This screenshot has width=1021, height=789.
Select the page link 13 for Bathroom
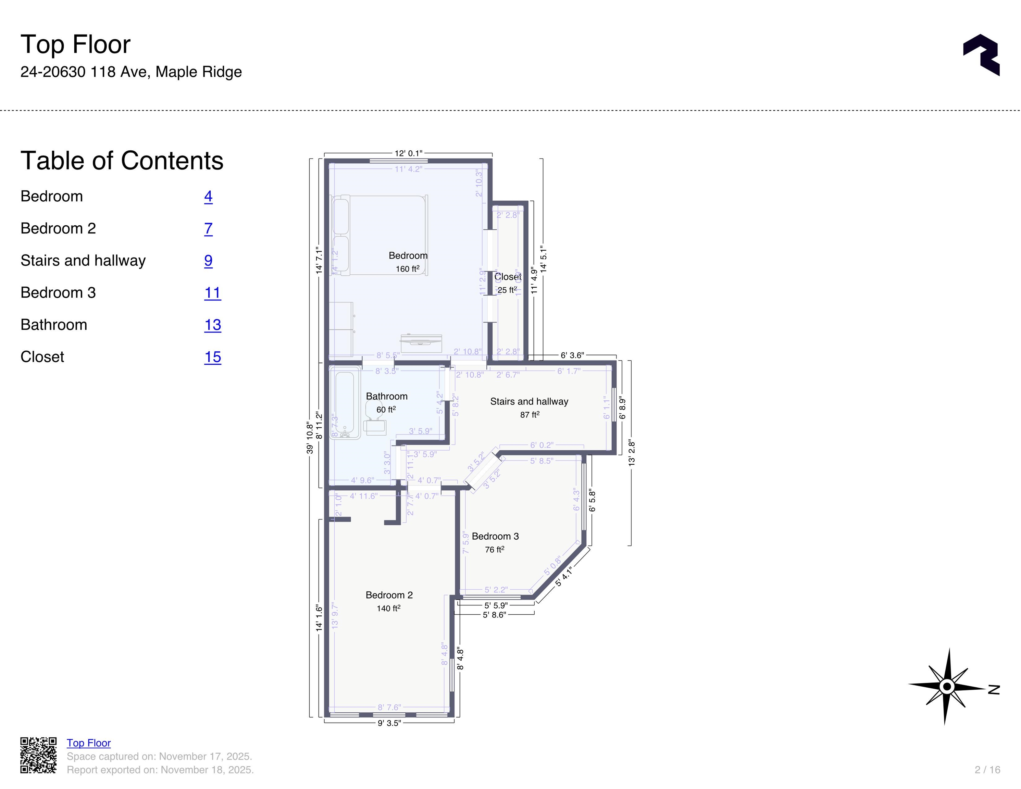(212, 325)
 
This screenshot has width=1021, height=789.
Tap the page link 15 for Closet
(212, 357)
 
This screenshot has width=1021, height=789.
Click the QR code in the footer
(38, 755)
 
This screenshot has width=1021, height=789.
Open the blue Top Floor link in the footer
(88, 743)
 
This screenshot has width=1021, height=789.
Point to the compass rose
(947, 687)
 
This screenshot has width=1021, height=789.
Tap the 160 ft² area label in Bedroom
(407, 269)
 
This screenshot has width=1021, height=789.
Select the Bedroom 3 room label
(495, 536)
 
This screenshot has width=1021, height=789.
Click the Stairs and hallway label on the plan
(529, 401)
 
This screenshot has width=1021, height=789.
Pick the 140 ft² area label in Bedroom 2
(388, 608)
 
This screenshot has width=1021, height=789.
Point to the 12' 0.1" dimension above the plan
(408, 153)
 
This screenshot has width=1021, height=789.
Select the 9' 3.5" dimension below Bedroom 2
(389, 723)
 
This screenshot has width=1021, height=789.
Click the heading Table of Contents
(122, 161)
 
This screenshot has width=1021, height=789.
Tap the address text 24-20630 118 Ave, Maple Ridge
(131, 72)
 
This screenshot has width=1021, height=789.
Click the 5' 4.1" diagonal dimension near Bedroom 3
(564, 577)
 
